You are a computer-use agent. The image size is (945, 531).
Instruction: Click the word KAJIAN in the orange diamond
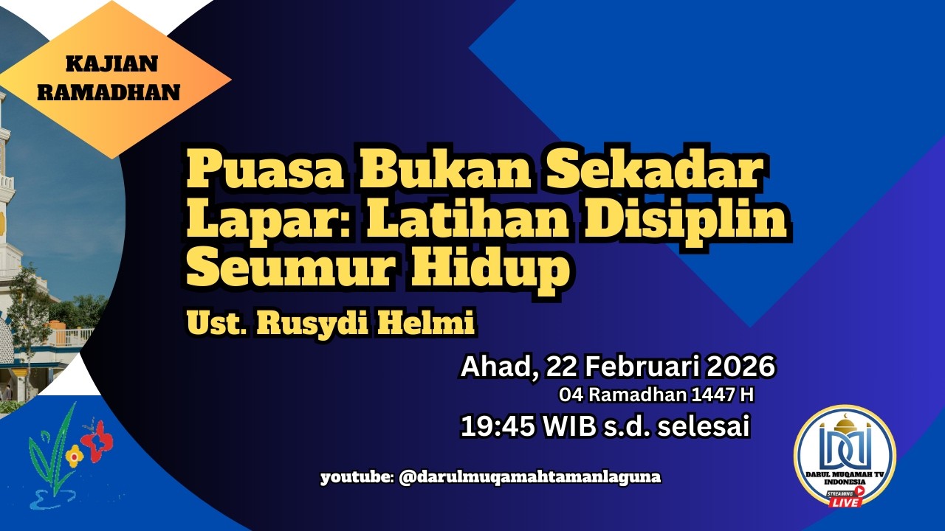pyautogui.click(x=111, y=64)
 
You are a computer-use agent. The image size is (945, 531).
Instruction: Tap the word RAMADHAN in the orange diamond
pyautogui.click(x=109, y=92)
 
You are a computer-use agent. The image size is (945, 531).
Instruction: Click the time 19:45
pyautogui.click(x=490, y=427)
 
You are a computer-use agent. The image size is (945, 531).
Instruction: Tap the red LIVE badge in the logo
pyautogui.click(x=847, y=502)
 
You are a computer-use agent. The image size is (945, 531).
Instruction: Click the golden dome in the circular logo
pyautogui.click(x=845, y=425)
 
